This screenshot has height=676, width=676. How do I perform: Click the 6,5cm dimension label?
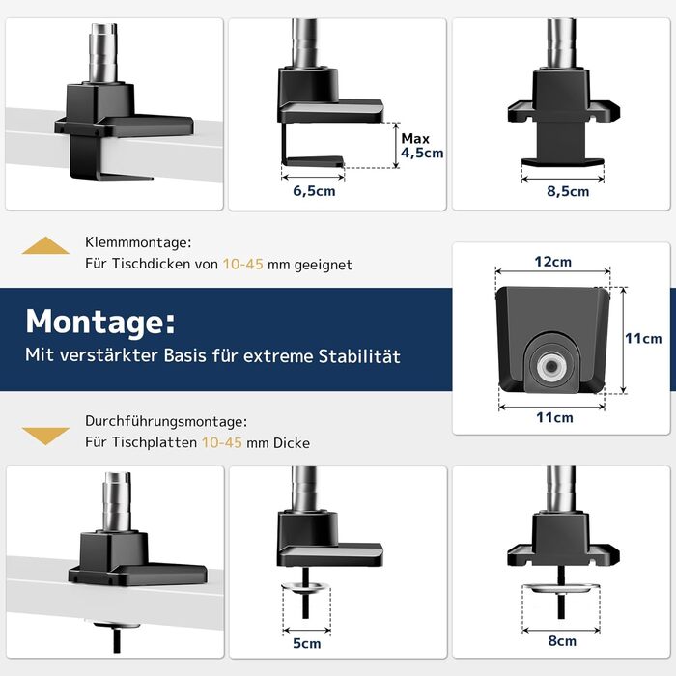point(314,191)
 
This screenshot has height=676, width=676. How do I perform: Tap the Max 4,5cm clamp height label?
point(422,146)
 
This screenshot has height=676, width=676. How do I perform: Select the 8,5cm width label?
point(568,191)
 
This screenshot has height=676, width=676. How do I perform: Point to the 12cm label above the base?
point(552,262)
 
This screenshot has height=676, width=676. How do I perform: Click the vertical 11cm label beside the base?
point(644,338)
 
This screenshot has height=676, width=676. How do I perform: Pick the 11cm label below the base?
point(554,417)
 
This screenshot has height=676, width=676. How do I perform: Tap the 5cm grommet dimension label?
point(306,643)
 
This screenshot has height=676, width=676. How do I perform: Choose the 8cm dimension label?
point(562,640)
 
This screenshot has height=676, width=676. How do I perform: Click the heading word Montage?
point(100,322)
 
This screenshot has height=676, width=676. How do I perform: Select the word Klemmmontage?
point(138,242)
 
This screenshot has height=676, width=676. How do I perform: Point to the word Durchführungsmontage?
point(166,421)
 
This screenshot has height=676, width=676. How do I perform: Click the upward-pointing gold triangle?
point(45,245)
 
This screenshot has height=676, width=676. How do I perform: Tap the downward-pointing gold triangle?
point(45,436)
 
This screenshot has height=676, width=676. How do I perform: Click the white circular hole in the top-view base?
point(551,366)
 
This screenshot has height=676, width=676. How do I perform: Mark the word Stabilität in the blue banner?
point(359,356)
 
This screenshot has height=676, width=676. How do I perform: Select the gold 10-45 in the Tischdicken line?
point(242,264)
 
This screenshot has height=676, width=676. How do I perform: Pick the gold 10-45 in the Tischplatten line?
point(222,442)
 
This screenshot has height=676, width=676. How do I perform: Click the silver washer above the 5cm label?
point(306,586)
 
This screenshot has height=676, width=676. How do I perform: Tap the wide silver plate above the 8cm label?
point(561,588)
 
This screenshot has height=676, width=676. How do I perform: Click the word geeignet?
point(323,265)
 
